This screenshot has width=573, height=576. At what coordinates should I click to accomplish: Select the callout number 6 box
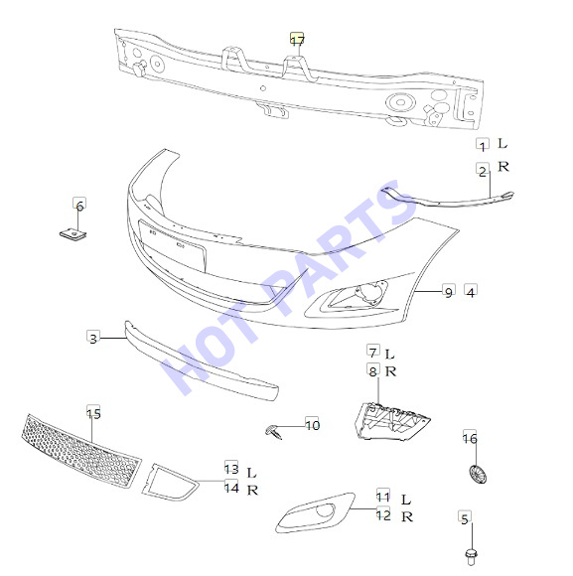pyautogui.click(x=79, y=205)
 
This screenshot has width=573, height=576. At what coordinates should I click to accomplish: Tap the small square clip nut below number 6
pyautogui.click(x=73, y=233)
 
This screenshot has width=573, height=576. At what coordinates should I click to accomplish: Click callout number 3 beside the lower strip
pyautogui.click(x=93, y=338)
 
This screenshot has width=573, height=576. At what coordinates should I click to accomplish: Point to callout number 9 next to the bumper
pyautogui.click(x=449, y=292)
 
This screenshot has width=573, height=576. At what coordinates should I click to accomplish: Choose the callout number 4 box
pyautogui.click(x=471, y=291)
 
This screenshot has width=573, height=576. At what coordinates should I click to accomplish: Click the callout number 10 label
pyautogui.click(x=312, y=425)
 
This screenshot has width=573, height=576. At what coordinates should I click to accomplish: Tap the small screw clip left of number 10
pyautogui.click(x=274, y=431)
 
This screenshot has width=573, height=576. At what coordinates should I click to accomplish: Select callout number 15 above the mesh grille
pyautogui.click(x=93, y=412)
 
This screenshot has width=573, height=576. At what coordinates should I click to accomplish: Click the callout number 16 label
pyautogui.click(x=470, y=437)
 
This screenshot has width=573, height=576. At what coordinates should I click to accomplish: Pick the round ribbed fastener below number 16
pyautogui.click(x=479, y=475)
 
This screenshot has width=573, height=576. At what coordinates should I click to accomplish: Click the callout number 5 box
pyautogui.click(x=465, y=518)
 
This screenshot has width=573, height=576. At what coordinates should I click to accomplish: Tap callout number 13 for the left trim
pyautogui.click(x=231, y=468)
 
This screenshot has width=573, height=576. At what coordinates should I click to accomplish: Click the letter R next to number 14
pyautogui.click(x=252, y=490)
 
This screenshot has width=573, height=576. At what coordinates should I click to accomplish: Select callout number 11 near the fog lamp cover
pyautogui.click(x=383, y=496)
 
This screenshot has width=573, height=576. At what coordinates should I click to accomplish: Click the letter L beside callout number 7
pyautogui.click(x=389, y=355)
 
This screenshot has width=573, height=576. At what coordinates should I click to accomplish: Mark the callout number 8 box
pyautogui.click(x=372, y=370)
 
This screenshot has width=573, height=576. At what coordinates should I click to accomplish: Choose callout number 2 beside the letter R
pyautogui.click(x=483, y=170)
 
